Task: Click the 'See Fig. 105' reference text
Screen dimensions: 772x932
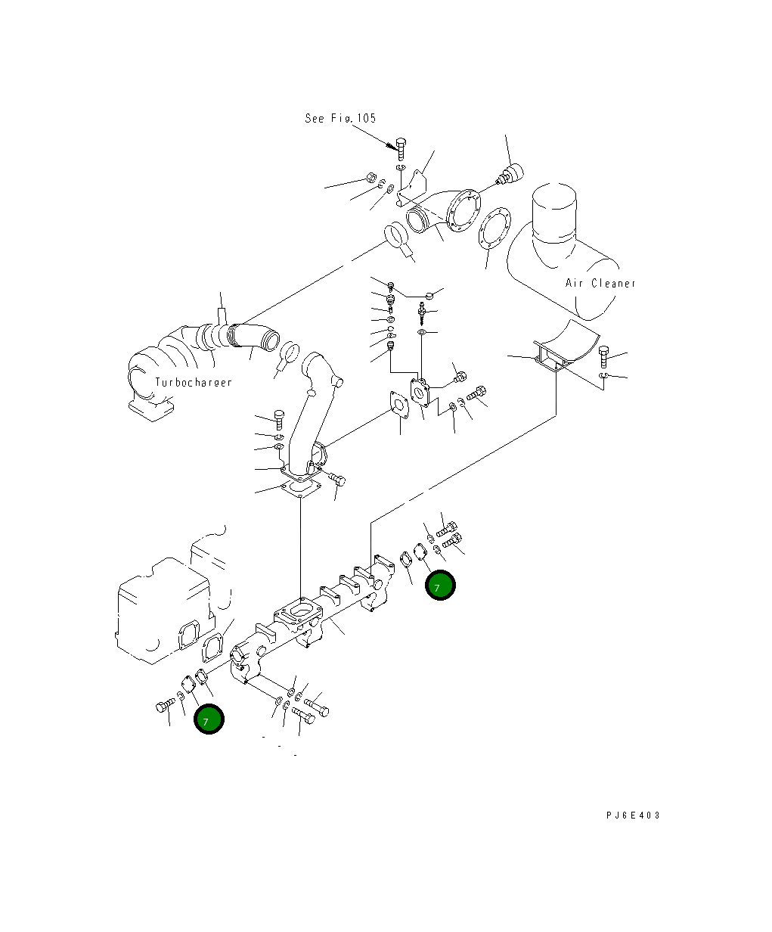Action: pyautogui.click(x=340, y=118)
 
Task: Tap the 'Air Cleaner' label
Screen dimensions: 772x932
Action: pyautogui.click(x=600, y=283)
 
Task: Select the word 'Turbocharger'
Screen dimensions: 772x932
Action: pyautogui.click(x=194, y=382)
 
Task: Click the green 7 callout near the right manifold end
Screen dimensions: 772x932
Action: pyautogui.click(x=441, y=586)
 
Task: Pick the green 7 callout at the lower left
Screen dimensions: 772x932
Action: pyautogui.click(x=209, y=719)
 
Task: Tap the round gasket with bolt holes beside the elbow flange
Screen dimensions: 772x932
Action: pyautogui.click(x=495, y=230)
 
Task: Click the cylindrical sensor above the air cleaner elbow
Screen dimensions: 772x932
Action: pyautogui.click(x=511, y=173)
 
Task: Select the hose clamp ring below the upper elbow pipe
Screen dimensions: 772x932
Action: pyautogui.click(x=397, y=237)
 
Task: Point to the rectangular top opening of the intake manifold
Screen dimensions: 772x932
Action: pyautogui.click(x=298, y=612)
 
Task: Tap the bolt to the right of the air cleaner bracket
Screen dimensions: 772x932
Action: pyautogui.click(x=604, y=356)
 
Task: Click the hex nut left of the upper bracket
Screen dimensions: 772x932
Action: pyautogui.click(x=370, y=178)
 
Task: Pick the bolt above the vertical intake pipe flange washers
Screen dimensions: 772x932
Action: pyautogui.click(x=279, y=419)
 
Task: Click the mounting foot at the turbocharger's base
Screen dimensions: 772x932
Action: pyautogui.click(x=150, y=410)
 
